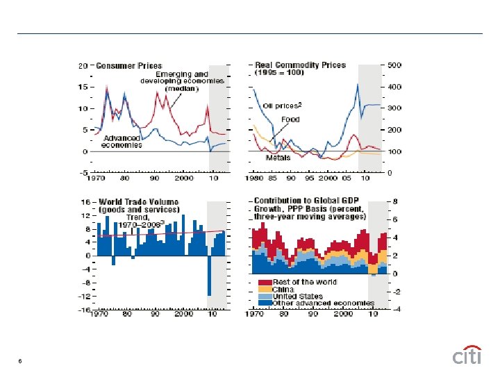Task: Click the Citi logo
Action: pos(467,356)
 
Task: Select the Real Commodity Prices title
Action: pos(300,65)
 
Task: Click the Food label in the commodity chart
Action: pos(290,119)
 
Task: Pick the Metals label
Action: pos(278,158)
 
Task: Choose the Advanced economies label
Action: pos(122,141)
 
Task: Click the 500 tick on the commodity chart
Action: pos(395,66)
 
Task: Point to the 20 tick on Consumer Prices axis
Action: pos(83,66)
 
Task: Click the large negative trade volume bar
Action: pos(208,276)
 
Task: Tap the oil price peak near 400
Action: pos(357,85)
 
